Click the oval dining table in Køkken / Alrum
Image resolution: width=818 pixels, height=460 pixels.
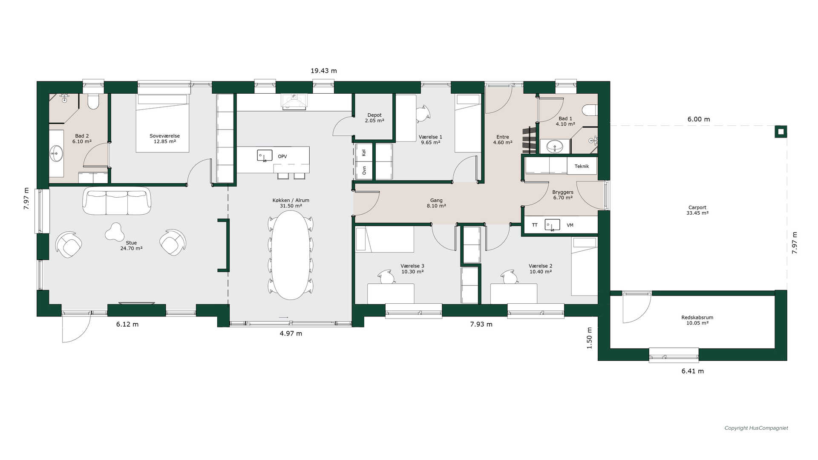click(x=292, y=255)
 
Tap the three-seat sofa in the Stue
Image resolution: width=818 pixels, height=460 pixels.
click(x=117, y=201)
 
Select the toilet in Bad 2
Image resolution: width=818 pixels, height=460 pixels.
click(x=93, y=101)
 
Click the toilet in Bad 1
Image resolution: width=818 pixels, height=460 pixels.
click(x=590, y=110)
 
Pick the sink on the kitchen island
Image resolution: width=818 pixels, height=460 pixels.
click(x=265, y=155)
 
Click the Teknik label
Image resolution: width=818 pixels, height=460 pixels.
click(x=582, y=166)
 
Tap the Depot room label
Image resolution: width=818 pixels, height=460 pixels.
click(x=374, y=118)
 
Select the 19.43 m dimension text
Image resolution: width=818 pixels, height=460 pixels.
click(x=324, y=71)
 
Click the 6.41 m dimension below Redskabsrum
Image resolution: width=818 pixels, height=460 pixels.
click(x=693, y=371)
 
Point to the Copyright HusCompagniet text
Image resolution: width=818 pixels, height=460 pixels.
click(x=756, y=428)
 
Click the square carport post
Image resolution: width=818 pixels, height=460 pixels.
click(x=781, y=132)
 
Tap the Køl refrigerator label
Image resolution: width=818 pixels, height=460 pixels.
click(x=364, y=152)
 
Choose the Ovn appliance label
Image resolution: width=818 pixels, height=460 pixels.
click(x=364, y=170)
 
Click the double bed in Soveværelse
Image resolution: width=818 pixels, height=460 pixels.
click(x=163, y=123)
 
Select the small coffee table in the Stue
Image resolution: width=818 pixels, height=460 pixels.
click(x=115, y=232)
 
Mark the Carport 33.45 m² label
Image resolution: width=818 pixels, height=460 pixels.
click(x=697, y=210)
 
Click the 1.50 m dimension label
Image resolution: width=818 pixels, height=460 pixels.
click(x=590, y=338)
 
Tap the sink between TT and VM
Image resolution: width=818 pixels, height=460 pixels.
click(x=552, y=225)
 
